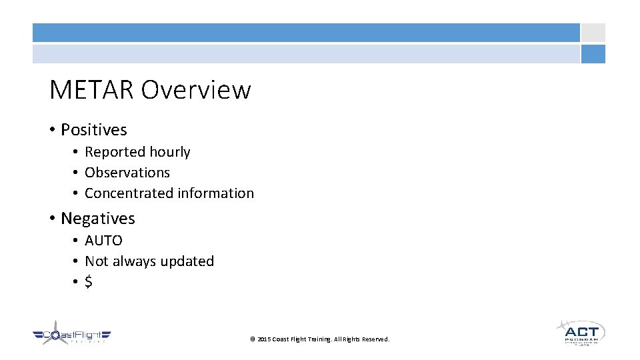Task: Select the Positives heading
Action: pyautogui.click(x=93, y=129)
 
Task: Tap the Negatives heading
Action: pyautogui.click(x=97, y=219)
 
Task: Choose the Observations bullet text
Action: pyautogui.click(x=127, y=173)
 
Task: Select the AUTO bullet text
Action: pyautogui.click(x=103, y=241)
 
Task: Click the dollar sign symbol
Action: pyautogui.click(x=89, y=282)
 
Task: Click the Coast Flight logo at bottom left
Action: pyautogui.click(x=72, y=336)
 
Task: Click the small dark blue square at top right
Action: pyautogui.click(x=593, y=54)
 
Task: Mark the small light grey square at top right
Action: pyautogui.click(x=593, y=33)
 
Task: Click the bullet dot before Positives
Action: pyautogui.click(x=53, y=130)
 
